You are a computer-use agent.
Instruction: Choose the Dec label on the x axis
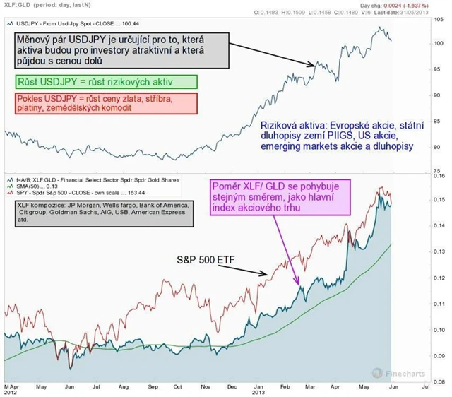coord(231,387)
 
